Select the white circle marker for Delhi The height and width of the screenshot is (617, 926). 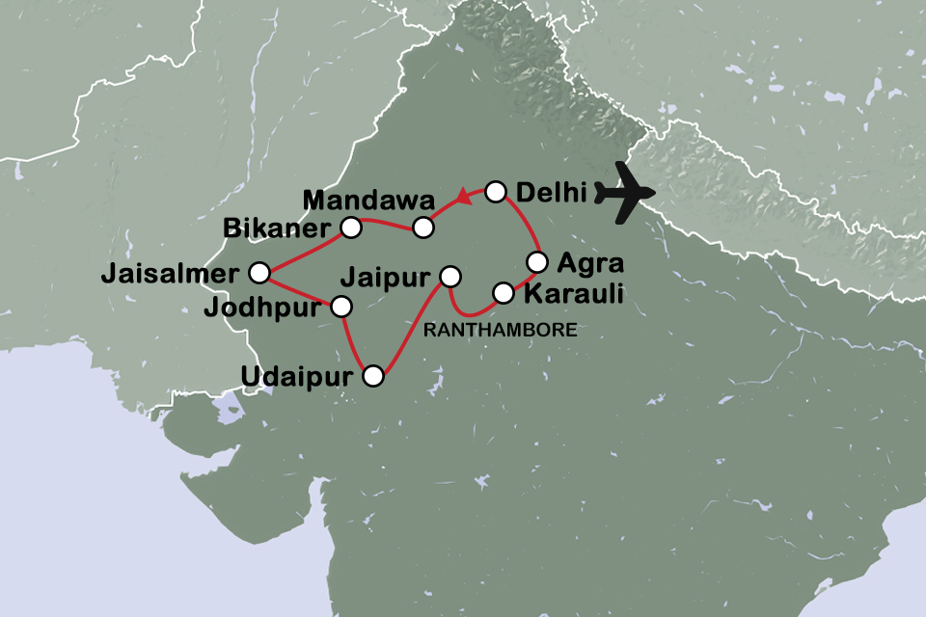click(x=495, y=192)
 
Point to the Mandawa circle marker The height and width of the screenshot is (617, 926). click(x=423, y=228)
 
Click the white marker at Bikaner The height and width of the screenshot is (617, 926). click(x=351, y=228)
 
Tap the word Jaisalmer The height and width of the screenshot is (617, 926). click(x=169, y=275)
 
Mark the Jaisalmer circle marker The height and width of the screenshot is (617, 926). click(x=259, y=273)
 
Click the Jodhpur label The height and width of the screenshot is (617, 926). click(x=262, y=308)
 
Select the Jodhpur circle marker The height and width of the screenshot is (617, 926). click(x=340, y=308)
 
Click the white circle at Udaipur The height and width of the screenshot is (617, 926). click(x=372, y=377)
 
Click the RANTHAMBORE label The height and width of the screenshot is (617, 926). click(x=501, y=330)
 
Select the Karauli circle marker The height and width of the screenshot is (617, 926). click(x=503, y=291)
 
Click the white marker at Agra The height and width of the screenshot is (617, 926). click(x=537, y=261)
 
